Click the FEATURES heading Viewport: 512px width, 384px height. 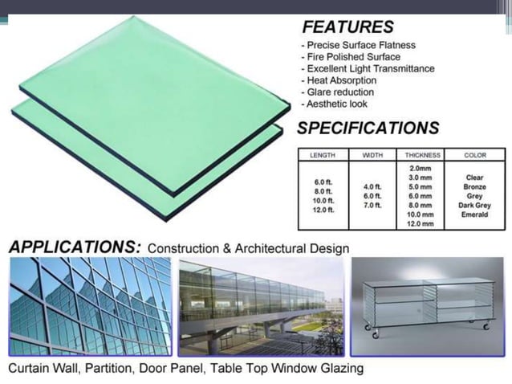pos(347,27)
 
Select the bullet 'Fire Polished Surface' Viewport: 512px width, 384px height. pos(351,57)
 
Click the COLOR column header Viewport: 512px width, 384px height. pos(475,155)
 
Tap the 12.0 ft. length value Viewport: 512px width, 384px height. pos(322,210)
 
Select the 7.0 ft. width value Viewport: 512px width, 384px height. pos(372,206)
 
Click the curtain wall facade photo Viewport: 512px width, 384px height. pos(89,306)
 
